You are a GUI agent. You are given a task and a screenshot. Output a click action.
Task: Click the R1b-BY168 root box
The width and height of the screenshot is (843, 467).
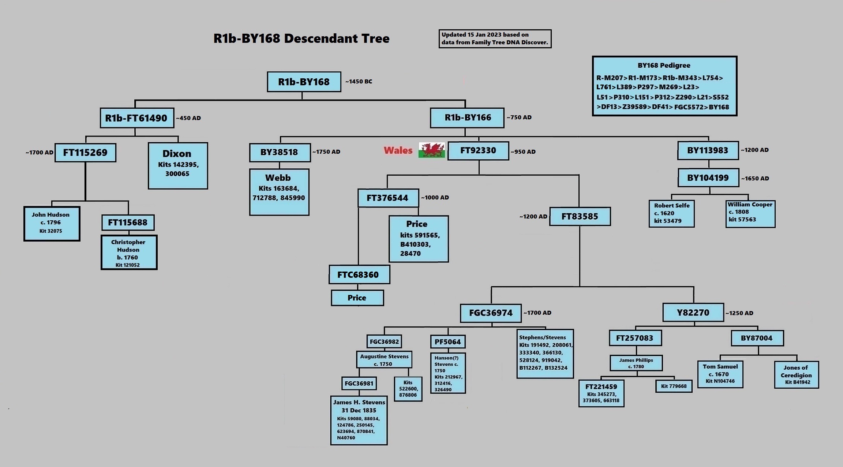point(304,82)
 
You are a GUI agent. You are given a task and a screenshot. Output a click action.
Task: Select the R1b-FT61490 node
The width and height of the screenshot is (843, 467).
point(136,118)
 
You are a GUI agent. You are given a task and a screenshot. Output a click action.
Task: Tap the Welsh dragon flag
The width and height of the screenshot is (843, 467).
point(431,150)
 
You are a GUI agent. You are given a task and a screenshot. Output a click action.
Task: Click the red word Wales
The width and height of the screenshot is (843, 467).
point(398,150)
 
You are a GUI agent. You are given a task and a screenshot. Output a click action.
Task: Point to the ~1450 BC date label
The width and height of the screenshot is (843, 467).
point(359,82)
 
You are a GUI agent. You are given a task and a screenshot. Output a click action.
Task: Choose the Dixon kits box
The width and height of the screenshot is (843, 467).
point(178,165)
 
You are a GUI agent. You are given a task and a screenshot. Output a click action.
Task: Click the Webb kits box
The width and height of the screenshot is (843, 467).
point(279,192)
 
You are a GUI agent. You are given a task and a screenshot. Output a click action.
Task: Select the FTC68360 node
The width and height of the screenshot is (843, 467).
point(359,274)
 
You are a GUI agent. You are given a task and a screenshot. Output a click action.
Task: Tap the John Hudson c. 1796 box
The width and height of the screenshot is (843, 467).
point(52,223)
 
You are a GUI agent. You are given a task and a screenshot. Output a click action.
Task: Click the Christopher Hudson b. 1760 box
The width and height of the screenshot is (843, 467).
point(129,253)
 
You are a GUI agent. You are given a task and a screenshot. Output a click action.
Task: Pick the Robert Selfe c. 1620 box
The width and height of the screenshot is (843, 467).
point(671,213)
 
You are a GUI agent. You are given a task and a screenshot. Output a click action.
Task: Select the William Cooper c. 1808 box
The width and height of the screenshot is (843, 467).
point(750,214)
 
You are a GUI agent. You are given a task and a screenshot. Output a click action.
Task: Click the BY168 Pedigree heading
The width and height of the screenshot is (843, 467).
point(664,66)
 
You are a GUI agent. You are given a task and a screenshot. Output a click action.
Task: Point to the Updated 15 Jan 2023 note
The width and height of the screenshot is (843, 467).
point(495,38)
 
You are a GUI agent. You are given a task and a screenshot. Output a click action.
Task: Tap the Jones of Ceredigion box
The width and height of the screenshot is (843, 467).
point(796,374)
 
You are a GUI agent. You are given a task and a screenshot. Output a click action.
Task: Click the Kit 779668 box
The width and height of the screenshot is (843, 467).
point(674,386)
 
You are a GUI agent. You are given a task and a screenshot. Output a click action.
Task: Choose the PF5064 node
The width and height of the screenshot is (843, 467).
point(447,342)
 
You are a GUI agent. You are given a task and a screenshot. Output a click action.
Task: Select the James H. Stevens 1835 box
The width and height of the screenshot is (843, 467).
point(359,420)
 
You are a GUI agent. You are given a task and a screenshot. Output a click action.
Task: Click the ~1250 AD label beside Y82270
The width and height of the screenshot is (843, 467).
point(739,313)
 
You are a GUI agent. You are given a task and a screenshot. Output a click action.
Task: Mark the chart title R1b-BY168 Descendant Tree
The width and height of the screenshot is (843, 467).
point(301,38)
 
